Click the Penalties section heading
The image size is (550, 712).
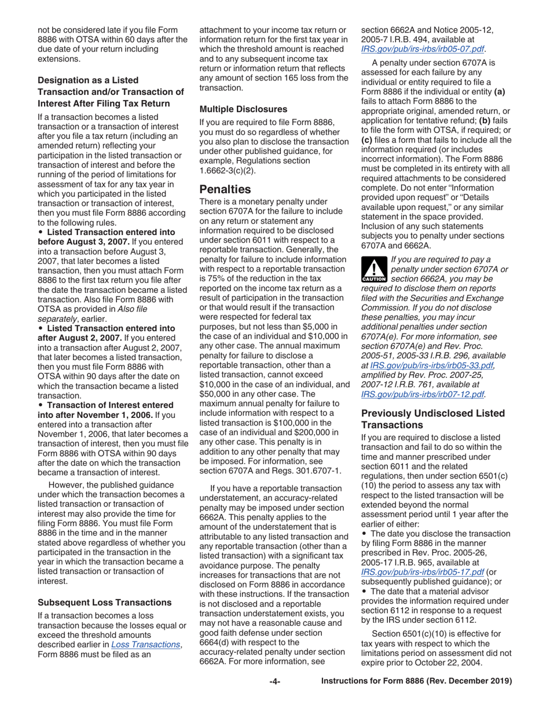tap(225, 189)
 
